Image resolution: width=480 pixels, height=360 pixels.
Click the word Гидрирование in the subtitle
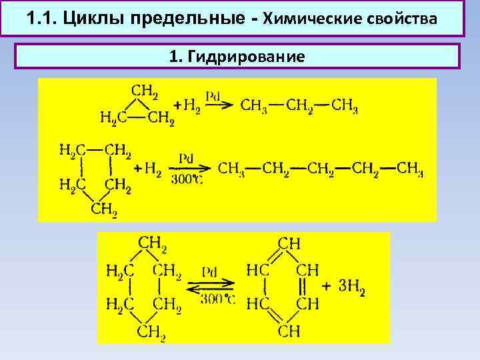coord(247,56)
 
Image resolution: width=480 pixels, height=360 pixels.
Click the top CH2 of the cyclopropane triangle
coord(145,89)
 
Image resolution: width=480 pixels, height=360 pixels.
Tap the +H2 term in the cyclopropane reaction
coord(186,106)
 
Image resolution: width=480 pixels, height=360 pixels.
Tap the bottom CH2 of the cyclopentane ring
coord(104,209)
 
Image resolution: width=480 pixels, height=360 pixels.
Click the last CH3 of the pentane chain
coord(409,168)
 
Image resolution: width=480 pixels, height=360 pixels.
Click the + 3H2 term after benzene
coord(343,287)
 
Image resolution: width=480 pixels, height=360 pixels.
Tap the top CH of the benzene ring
coord(289,244)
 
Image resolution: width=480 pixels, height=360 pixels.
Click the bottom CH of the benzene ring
coord(289,330)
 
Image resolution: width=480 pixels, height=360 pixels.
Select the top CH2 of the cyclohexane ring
coord(151,243)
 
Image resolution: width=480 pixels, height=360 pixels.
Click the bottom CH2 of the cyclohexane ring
coord(151,331)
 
